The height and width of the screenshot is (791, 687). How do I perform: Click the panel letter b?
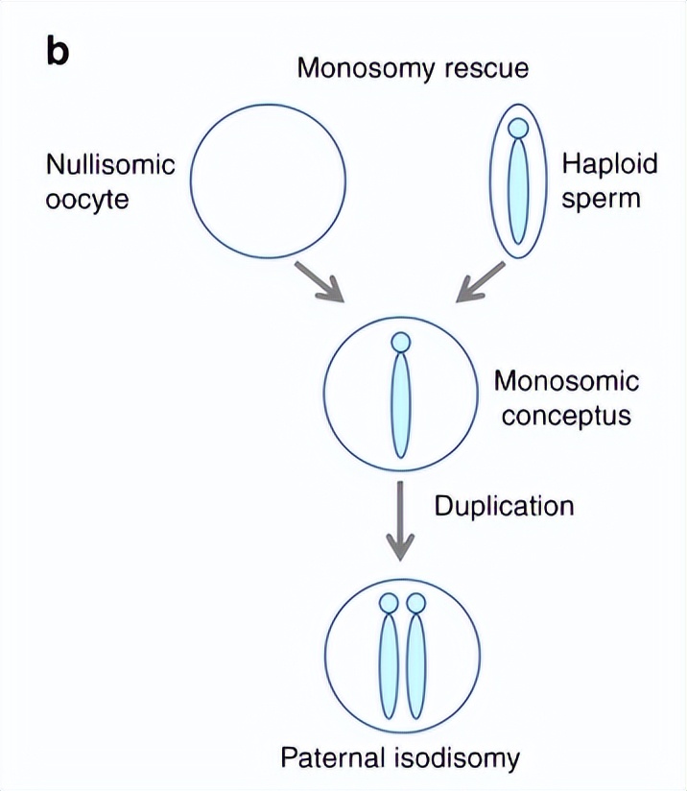point(58,54)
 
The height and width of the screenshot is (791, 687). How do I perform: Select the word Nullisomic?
point(110,164)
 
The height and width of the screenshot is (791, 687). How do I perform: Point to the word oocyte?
point(87,201)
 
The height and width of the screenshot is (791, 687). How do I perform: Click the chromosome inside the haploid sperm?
point(518,192)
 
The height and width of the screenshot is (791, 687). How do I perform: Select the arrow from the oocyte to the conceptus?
point(320,278)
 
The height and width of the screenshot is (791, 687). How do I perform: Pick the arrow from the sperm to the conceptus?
point(480,281)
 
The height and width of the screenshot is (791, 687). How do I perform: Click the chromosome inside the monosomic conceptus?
point(401,408)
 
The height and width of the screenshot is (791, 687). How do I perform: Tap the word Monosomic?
point(566,381)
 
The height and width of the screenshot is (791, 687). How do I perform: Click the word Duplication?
point(504,505)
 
